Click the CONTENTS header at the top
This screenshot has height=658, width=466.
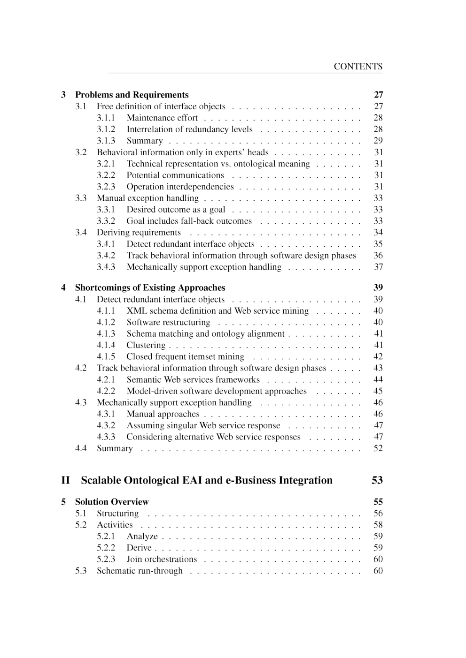358,67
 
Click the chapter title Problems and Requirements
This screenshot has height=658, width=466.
132,95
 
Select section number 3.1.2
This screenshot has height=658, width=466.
106,129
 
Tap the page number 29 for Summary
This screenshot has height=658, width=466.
378,141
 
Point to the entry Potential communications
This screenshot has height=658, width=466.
175,175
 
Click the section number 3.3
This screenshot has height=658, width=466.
81,198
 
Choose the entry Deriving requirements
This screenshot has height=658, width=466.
139,233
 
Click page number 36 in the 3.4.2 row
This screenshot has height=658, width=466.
378,256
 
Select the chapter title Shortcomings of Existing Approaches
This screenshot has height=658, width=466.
150,288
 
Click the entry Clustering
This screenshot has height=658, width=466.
146,345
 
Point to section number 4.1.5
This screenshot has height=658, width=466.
106,357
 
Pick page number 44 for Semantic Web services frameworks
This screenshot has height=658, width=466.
378,380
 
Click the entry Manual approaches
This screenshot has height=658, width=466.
163,414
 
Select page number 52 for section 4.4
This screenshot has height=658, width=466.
378,448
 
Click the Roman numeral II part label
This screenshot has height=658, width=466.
65,480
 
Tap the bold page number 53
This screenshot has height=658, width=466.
377,480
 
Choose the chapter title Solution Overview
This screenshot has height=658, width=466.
112,502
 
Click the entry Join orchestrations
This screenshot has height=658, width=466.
162,560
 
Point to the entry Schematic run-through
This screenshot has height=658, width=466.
140,571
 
